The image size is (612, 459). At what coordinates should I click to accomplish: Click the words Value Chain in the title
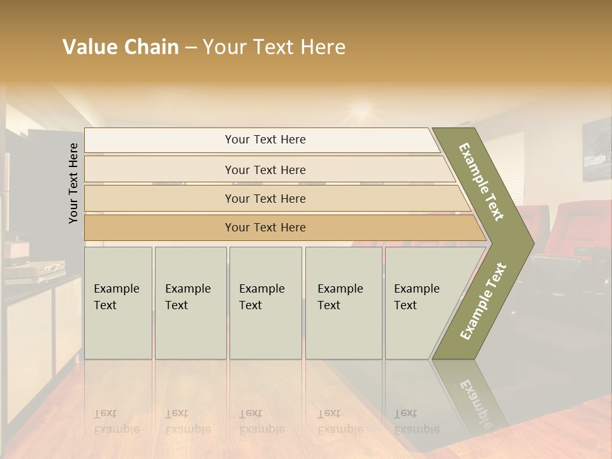point(120,47)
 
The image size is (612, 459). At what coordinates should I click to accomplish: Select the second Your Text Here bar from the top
point(265,170)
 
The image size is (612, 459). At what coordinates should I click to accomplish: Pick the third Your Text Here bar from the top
point(265,198)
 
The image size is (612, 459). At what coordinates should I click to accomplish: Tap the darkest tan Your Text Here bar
point(265,228)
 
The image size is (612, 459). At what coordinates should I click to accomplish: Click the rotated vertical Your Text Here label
point(73,183)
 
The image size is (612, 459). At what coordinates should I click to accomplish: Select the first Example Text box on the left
point(118,303)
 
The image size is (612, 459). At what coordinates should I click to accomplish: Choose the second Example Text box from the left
point(190,303)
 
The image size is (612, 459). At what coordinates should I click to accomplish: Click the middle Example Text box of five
point(265,303)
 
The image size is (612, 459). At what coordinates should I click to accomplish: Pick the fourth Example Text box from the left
point(344,303)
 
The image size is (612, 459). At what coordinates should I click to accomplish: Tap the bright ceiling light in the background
point(361,110)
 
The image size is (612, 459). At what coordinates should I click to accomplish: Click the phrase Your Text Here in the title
point(274,47)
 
